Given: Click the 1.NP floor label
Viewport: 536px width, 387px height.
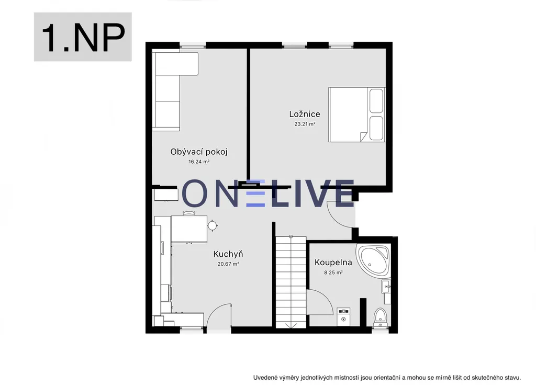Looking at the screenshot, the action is (x=83, y=38).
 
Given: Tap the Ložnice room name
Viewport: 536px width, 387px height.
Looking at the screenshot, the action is (x=305, y=114).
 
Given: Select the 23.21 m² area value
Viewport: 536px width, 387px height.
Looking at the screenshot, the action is (x=305, y=124).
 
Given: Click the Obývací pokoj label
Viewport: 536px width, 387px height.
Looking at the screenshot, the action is (x=199, y=152).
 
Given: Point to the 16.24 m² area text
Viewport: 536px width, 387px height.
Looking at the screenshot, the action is (x=199, y=162).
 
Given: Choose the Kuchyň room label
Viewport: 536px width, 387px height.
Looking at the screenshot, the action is (x=228, y=254).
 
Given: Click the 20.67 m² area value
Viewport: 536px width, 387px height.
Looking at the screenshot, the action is (x=228, y=264).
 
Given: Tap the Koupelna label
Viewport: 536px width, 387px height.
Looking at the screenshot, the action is (x=333, y=263).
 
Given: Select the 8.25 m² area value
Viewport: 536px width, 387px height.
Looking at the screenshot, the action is (x=333, y=272).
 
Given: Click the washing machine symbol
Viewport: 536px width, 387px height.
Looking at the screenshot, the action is (x=343, y=316).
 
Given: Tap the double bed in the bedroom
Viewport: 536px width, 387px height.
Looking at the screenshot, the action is (x=357, y=115).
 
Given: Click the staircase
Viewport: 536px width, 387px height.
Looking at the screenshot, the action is (x=291, y=282).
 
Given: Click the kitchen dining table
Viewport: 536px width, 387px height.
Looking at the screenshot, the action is (x=189, y=229).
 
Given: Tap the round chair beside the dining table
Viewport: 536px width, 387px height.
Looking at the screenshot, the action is (x=213, y=225).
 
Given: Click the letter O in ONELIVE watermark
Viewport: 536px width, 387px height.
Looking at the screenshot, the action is (x=195, y=193).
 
